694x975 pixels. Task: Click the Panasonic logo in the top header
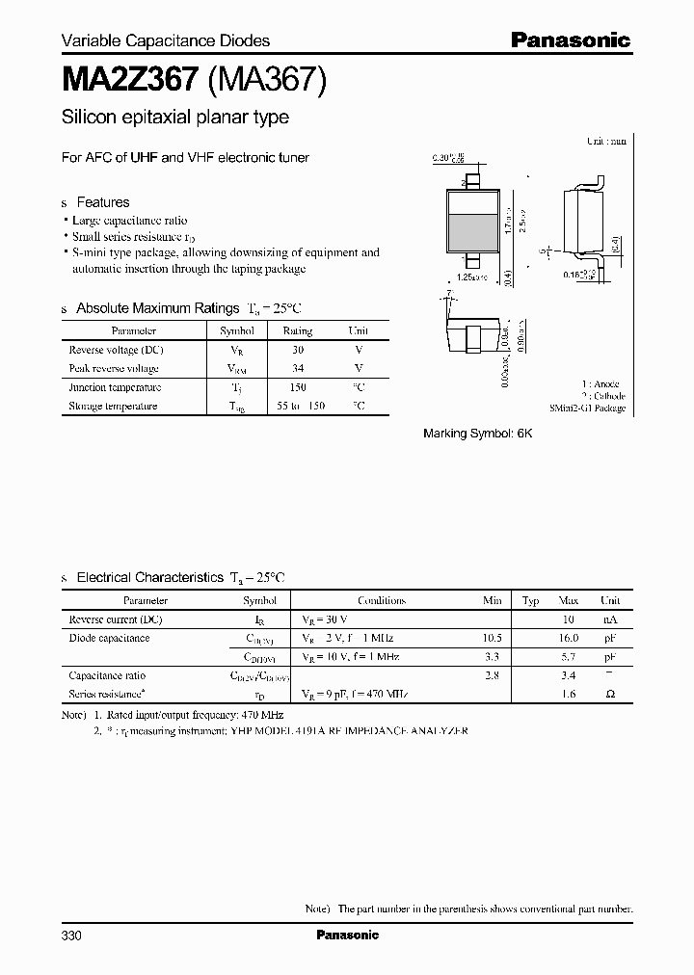tap(570, 40)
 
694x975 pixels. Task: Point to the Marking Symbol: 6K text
tap(477, 434)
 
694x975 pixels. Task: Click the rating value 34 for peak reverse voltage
tap(297, 368)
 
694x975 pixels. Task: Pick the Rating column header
tap(297, 330)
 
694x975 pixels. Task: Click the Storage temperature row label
tap(113, 406)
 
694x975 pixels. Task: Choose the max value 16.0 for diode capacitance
tap(568, 638)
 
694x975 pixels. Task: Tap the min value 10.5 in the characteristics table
tap(492, 638)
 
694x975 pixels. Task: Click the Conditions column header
tap(381, 600)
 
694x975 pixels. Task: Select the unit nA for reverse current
tap(609, 619)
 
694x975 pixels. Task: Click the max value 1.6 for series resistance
tap(568, 694)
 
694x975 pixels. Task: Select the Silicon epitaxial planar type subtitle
tap(175, 118)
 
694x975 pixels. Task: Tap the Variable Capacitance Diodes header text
tap(166, 40)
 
